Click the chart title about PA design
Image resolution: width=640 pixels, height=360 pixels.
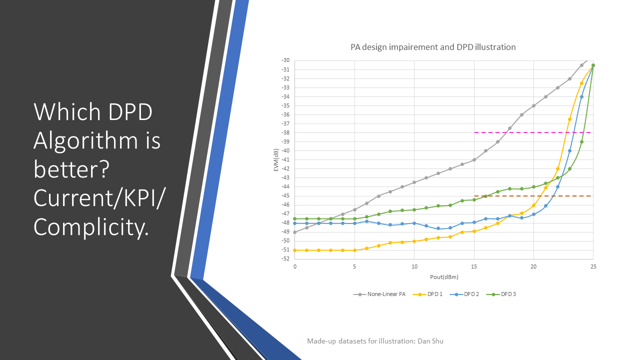(x=433, y=47)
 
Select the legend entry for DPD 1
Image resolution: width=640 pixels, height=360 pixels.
(x=427, y=294)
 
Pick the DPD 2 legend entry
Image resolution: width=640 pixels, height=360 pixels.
(x=464, y=294)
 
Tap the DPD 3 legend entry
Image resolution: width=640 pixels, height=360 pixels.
(x=501, y=294)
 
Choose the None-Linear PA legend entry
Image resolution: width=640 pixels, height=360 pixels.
(x=379, y=294)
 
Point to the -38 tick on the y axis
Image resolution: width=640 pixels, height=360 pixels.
(x=285, y=132)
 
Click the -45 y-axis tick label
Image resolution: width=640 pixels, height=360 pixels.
(x=285, y=195)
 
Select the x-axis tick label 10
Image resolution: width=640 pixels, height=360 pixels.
(x=414, y=266)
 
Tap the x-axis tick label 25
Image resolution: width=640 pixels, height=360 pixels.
(x=593, y=266)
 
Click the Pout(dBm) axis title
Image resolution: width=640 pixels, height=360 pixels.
(x=444, y=277)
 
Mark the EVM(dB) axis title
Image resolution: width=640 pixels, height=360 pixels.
(x=276, y=160)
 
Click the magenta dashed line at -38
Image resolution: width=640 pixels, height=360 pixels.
(x=532, y=132)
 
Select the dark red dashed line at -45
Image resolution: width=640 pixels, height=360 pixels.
(x=532, y=196)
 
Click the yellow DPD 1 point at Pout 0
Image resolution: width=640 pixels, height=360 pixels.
(x=295, y=250)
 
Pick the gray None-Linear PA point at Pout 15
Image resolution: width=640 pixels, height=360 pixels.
(x=474, y=159)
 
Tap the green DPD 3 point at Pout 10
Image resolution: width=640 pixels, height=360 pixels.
(x=414, y=209)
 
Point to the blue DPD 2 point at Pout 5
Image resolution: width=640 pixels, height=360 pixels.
(x=354, y=223)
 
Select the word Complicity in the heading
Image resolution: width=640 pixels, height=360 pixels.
(x=91, y=227)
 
